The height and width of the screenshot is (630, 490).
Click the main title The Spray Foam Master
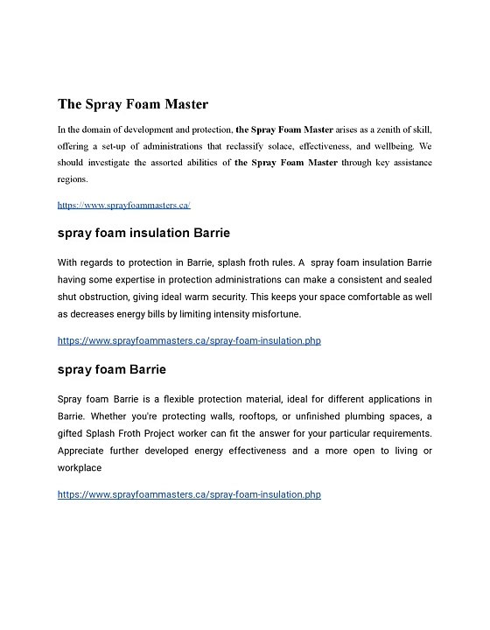133,104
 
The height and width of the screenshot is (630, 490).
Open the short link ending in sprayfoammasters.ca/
123,205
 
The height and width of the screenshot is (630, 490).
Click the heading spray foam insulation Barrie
143,234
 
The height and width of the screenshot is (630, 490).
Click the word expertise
152,279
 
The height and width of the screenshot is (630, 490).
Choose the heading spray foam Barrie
111,369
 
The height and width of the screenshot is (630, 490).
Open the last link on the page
189,494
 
